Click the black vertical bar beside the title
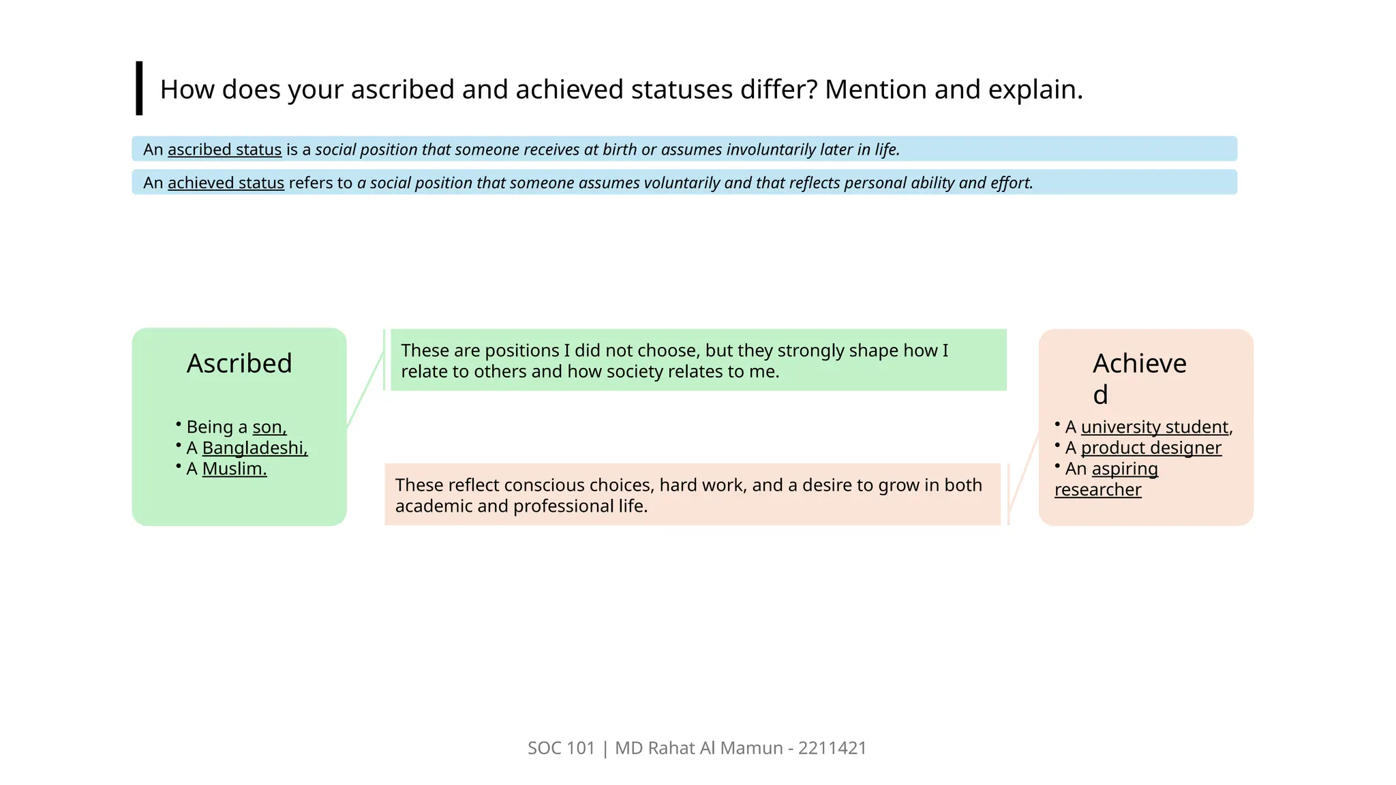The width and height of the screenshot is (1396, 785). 139,88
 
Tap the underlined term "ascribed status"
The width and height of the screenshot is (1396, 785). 224,149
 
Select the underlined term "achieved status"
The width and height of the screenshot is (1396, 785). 226,183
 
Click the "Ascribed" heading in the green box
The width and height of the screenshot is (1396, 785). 239,363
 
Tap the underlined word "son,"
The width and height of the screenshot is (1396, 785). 269,427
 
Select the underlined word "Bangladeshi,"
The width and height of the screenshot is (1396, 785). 255,448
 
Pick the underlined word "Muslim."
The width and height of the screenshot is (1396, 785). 234,469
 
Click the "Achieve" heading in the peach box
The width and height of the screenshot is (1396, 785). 1140,364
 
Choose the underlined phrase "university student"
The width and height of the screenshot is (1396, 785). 1155,427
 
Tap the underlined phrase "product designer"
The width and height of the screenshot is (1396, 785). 1151,448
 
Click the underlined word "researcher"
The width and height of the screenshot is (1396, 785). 1097,490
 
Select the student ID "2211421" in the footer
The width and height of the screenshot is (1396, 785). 832,748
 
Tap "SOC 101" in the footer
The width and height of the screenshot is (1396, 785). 561,748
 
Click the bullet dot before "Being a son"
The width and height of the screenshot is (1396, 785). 179,424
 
